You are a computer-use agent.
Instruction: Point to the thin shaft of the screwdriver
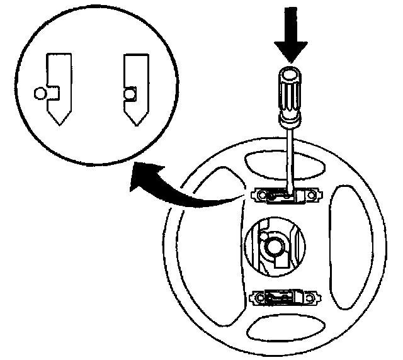[x=289, y=157]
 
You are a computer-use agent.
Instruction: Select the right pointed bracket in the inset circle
[x=135, y=87]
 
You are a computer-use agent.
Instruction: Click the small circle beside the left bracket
[x=40, y=94]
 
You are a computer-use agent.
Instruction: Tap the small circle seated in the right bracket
[x=129, y=94]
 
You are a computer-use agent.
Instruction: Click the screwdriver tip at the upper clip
[x=287, y=196]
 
